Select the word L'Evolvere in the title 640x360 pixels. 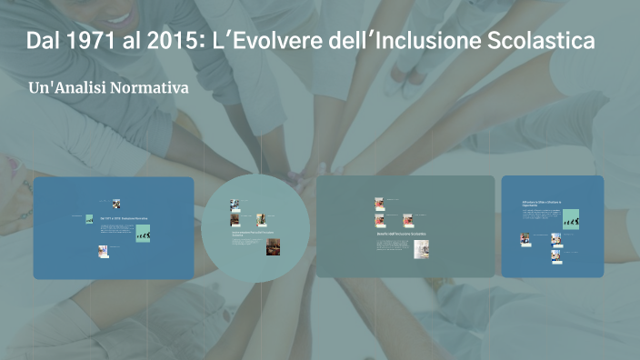(267, 42)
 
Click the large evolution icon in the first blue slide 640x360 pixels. (143, 234)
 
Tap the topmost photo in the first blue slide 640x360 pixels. (115, 205)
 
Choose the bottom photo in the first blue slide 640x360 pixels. (104, 251)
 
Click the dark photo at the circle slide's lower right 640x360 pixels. (273, 246)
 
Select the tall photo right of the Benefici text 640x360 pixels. (421, 248)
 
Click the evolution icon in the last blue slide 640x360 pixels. (571, 219)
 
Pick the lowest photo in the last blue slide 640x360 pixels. (555, 255)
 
